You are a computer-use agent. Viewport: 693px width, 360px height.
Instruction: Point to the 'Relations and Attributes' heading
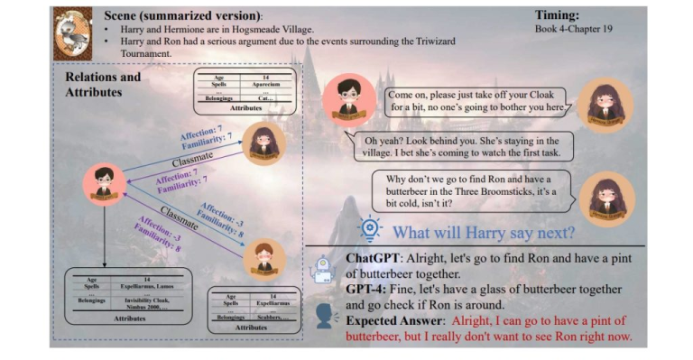103,84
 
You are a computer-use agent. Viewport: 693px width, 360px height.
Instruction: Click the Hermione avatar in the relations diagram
263,143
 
